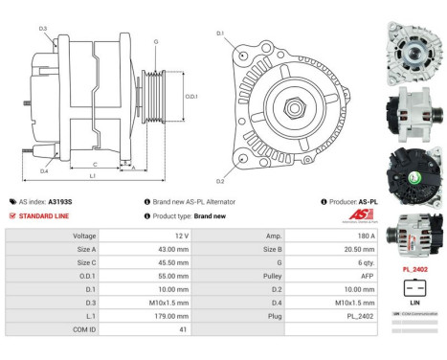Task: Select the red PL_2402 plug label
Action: pos(415,270)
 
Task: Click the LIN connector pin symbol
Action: pos(415,288)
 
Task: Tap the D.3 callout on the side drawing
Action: pos(43,29)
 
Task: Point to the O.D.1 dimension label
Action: pos(191,95)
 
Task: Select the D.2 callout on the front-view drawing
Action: pos(220,181)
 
